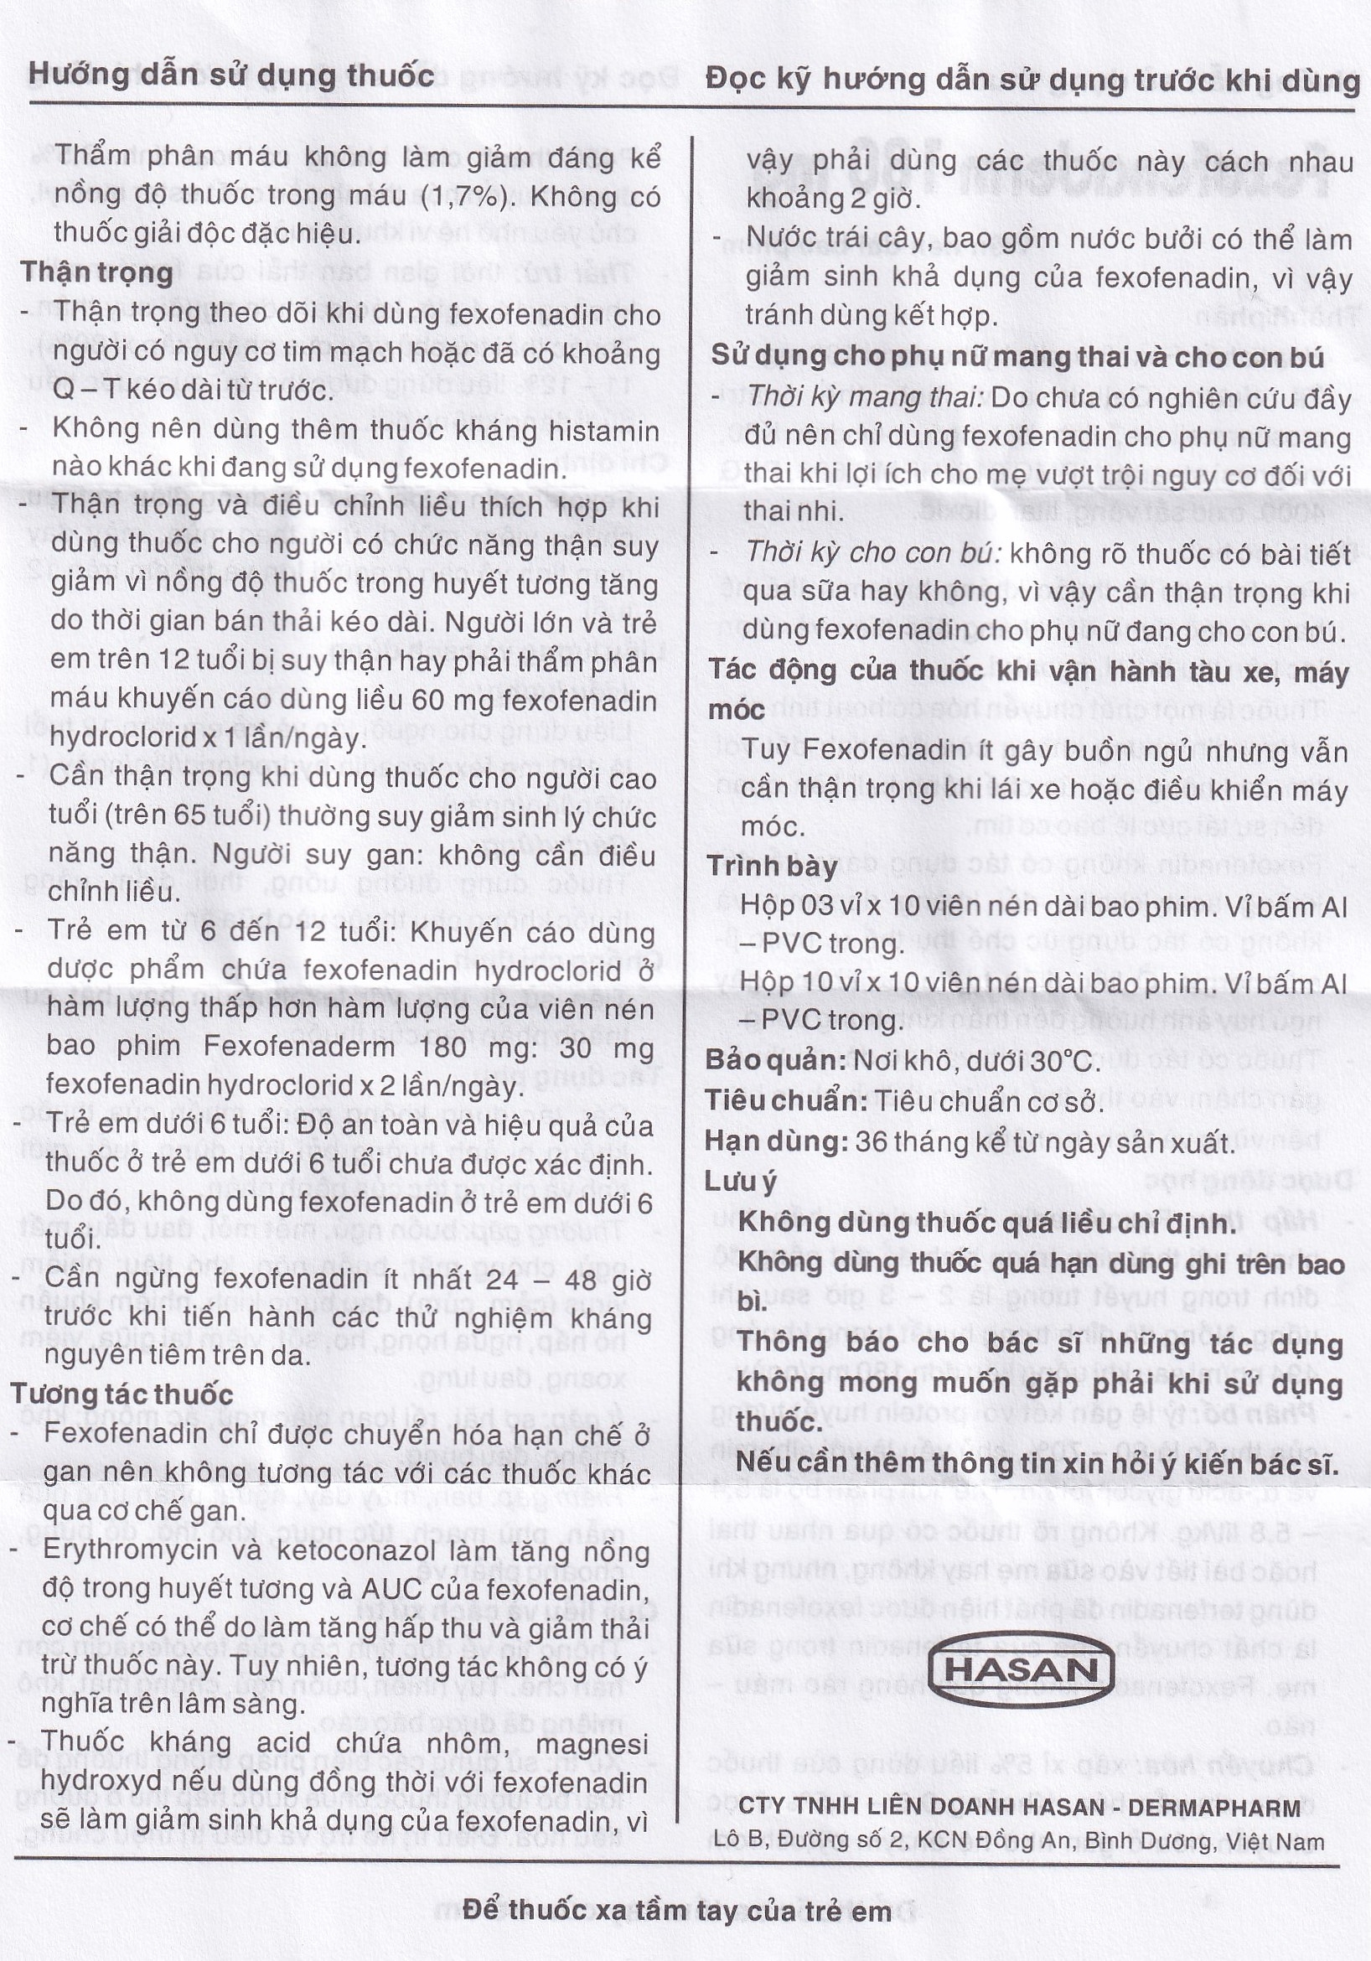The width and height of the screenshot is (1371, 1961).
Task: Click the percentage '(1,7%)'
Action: click(x=466, y=195)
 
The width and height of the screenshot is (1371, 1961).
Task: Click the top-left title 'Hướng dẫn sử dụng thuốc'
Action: click(x=231, y=76)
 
